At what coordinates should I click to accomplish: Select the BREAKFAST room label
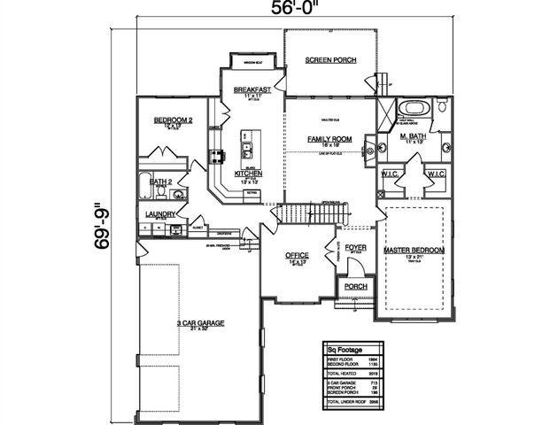[x=252, y=90]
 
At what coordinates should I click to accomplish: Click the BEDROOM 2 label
[x=173, y=120]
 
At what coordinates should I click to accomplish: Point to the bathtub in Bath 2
[x=144, y=188]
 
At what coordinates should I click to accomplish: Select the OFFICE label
[x=296, y=256]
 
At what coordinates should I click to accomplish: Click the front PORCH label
[x=356, y=286]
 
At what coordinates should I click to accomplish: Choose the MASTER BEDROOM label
[x=414, y=251]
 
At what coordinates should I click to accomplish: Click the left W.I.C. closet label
[x=390, y=174]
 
